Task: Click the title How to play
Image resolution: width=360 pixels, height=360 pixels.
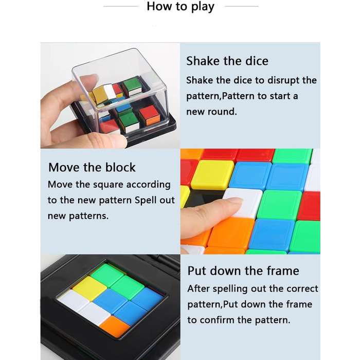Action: [181, 6]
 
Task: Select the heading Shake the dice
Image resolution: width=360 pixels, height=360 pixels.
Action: [227, 61]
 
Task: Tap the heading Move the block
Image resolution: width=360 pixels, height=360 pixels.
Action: [92, 167]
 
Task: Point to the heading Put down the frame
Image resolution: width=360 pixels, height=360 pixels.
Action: [243, 271]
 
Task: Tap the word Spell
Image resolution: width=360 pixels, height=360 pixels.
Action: [146, 200]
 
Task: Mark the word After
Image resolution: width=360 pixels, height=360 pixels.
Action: [199, 289]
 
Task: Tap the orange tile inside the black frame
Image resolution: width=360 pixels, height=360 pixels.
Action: [114, 326]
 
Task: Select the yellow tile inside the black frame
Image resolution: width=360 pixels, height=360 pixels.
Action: [89, 288]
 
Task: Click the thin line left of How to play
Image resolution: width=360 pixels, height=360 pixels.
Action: [121, 6]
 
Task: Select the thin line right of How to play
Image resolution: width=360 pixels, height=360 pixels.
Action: [242, 6]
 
